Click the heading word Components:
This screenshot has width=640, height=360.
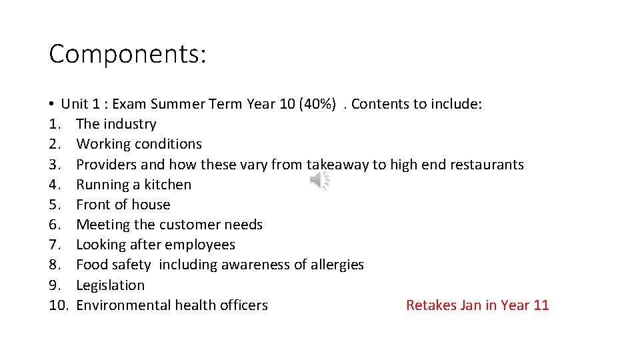click(x=127, y=54)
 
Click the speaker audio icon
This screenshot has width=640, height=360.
click(x=321, y=180)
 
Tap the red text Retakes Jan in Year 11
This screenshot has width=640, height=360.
click(x=477, y=305)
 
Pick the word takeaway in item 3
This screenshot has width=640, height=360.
click(x=337, y=165)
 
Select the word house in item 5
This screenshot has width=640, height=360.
click(x=152, y=205)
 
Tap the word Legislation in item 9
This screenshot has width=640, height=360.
click(x=110, y=285)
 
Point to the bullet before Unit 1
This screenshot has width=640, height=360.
click(x=51, y=105)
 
